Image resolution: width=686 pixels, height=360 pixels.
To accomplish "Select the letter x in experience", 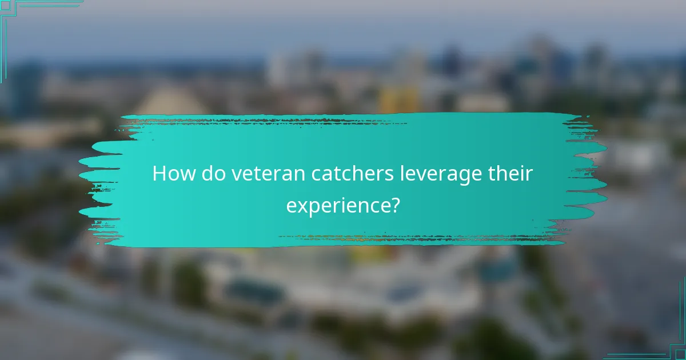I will point(301,204).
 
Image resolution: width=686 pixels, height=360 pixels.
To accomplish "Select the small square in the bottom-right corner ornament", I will point(681,354).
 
